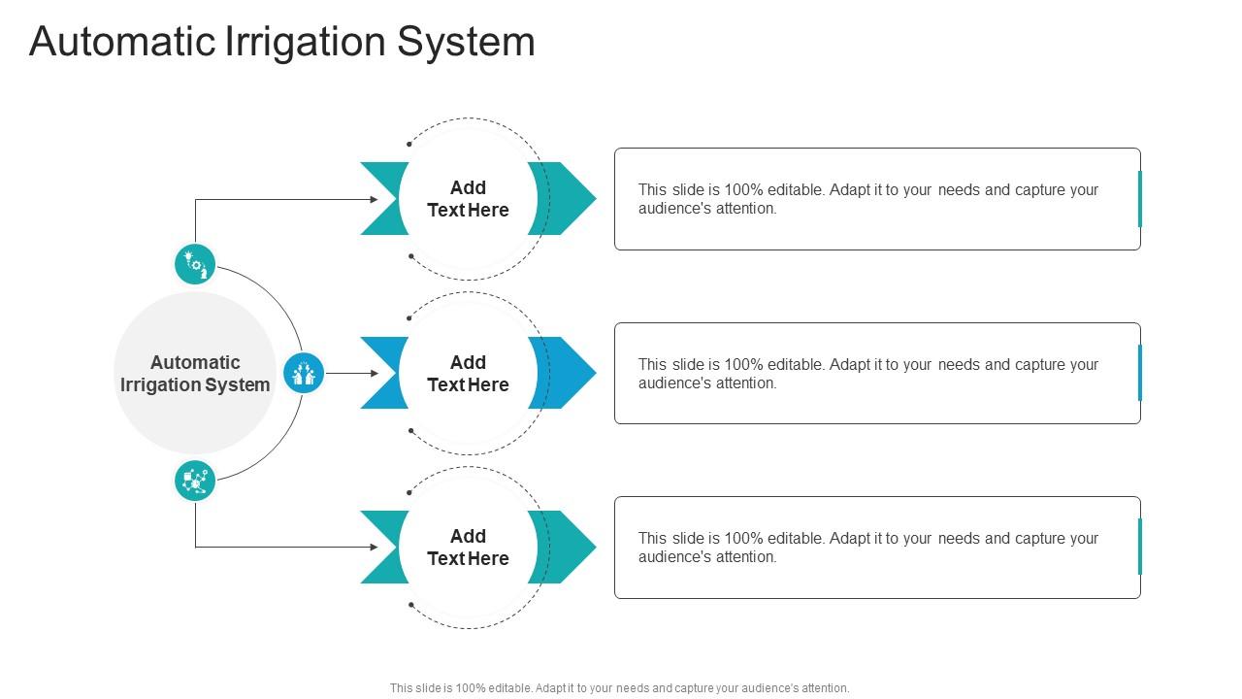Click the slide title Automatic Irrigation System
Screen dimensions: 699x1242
coord(281,42)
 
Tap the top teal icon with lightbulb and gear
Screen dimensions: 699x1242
coord(195,264)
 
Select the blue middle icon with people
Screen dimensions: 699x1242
coord(304,373)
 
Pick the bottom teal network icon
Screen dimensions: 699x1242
coord(195,481)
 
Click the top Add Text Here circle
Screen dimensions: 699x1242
coord(468,199)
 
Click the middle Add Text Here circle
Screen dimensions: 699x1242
coord(468,374)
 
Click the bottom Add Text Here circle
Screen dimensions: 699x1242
coord(468,548)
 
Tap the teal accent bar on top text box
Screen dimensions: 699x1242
coord(1139,199)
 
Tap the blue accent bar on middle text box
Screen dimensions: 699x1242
coord(1139,373)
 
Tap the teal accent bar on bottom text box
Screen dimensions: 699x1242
coord(1139,547)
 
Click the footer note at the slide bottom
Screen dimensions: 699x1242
coord(619,688)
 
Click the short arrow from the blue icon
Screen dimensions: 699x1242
coord(351,373)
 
